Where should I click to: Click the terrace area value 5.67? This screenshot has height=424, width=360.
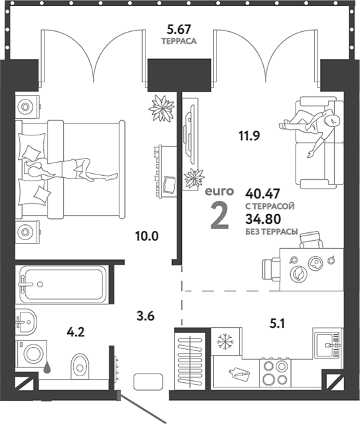(x=179, y=29)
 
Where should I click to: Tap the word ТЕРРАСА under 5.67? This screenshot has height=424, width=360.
(x=179, y=41)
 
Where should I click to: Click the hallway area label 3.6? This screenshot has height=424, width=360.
(x=145, y=316)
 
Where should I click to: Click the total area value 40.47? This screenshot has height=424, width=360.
(x=262, y=194)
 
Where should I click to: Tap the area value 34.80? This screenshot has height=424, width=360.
(x=262, y=220)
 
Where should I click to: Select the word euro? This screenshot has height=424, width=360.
(x=219, y=191)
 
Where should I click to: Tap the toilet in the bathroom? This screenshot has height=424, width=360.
(x=80, y=362)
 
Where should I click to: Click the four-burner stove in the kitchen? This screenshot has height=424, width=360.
(x=274, y=372)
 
